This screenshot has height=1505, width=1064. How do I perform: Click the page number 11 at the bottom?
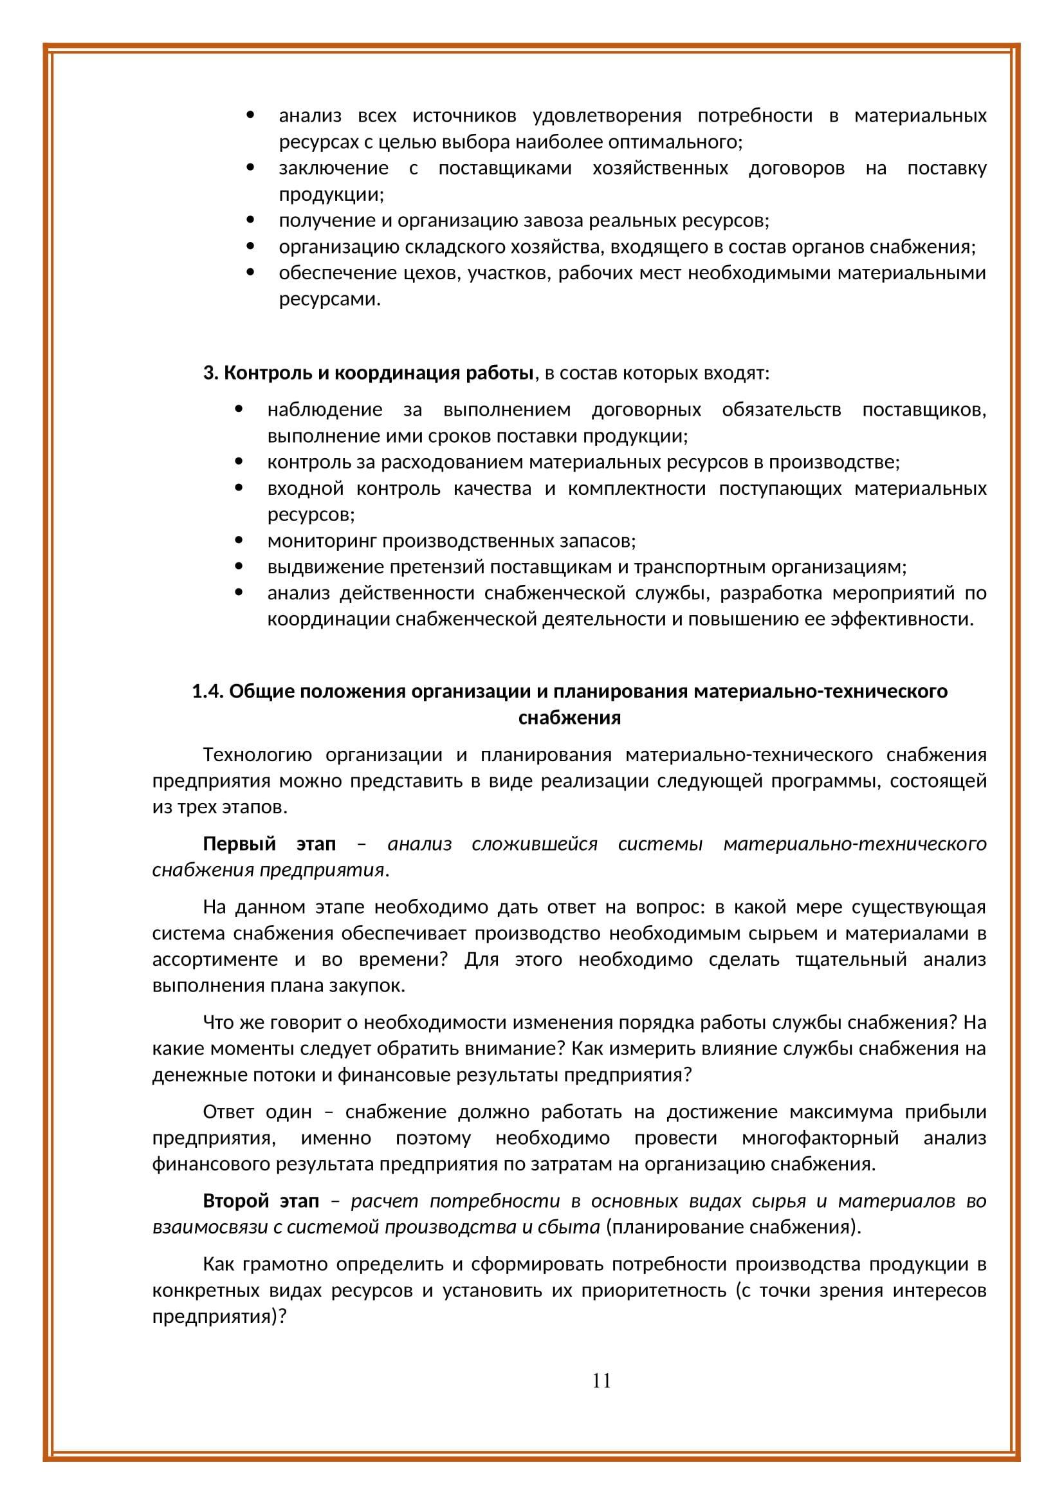point(601,1381)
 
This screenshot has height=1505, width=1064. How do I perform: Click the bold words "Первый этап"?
point(269,844)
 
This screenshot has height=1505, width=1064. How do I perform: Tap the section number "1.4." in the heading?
point(208,692)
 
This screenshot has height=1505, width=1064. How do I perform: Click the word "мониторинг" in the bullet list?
point(322,541)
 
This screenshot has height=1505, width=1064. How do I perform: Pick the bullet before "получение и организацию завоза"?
point(251,221)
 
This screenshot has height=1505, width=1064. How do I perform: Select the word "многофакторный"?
point(820,1139)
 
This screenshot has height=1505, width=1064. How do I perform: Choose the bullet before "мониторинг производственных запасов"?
point(239,541)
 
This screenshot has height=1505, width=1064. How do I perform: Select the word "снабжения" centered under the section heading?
point(569,719)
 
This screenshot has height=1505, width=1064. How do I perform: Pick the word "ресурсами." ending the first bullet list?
point(329,300)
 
